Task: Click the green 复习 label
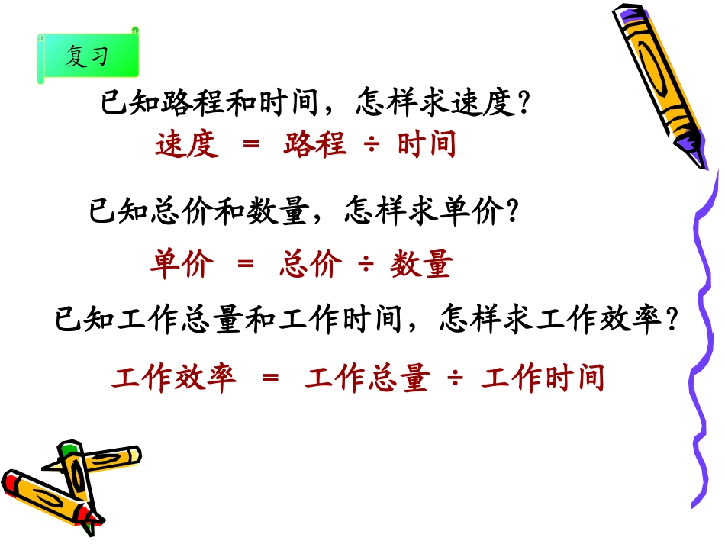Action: tap(87, 56)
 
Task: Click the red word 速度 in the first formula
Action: tap(187, 143)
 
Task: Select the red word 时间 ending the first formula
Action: tap(427, 143)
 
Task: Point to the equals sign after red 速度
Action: tap(250, 144)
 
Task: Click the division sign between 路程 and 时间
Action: tap(372, 144)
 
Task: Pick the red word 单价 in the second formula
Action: tap(182, 264)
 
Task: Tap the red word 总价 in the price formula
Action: tap(311, 264)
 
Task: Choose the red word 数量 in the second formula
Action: tap(422, 264)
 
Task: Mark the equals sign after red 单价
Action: tap(245, 265)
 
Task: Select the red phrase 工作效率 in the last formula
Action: tap(174, 378)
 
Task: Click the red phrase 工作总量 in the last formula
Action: tap(366, 378)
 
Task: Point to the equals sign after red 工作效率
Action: tap(270, 378)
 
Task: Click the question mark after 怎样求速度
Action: tap(524, 104)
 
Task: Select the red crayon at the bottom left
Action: tap(46, 495)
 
